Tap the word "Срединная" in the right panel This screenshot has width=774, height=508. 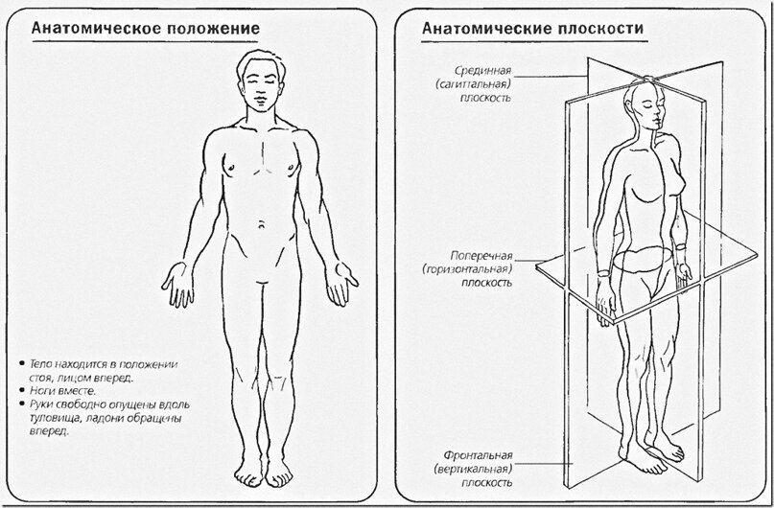pos(483,71)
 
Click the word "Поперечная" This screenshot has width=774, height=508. pos(482,258)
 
